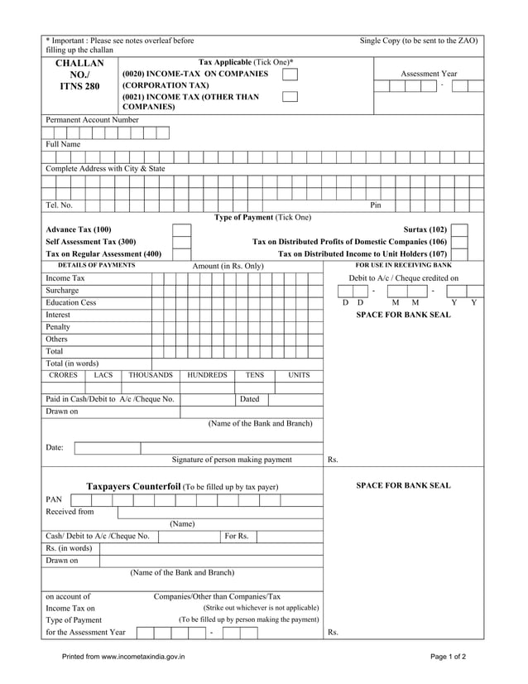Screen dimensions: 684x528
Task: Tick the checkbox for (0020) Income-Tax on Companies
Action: [290, 75]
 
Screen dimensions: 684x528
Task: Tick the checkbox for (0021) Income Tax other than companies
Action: [290, 98]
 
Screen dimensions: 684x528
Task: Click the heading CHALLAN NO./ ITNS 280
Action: [79, 75]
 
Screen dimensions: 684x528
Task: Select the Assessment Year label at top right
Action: [429, 74]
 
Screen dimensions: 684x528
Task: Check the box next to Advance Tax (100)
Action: [181, 229]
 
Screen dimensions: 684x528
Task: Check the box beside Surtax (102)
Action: [459, 229]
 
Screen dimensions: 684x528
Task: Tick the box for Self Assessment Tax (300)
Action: [181, 242]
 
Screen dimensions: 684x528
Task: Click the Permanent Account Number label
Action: [93, 120]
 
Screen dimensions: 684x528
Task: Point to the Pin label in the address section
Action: [375, 205]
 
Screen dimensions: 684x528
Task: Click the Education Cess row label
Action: [71, 303]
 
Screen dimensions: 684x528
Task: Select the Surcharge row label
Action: [63, 291]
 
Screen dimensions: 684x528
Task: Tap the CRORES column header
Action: [64, 376]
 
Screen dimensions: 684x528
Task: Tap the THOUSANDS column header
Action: [151, 376]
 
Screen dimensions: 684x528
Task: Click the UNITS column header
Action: [299, 376]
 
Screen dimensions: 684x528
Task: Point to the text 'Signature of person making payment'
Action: [232, 460]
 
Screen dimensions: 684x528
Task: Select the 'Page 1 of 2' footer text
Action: [448, 657]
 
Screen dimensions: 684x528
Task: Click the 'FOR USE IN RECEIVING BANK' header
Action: [404, 265]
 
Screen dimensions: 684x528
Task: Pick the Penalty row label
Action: [58, 327]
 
